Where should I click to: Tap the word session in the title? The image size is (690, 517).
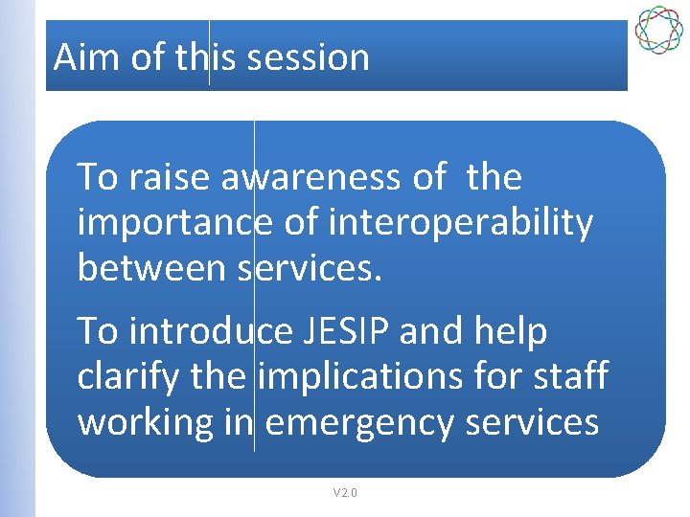[308, 57]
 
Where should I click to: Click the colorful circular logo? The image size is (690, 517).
[658, 30]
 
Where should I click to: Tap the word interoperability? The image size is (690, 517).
[460, 223]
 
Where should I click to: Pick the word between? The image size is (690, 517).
[150, 269]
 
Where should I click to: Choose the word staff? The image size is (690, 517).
[571, 376]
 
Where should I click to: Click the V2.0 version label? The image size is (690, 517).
[345, 493]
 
